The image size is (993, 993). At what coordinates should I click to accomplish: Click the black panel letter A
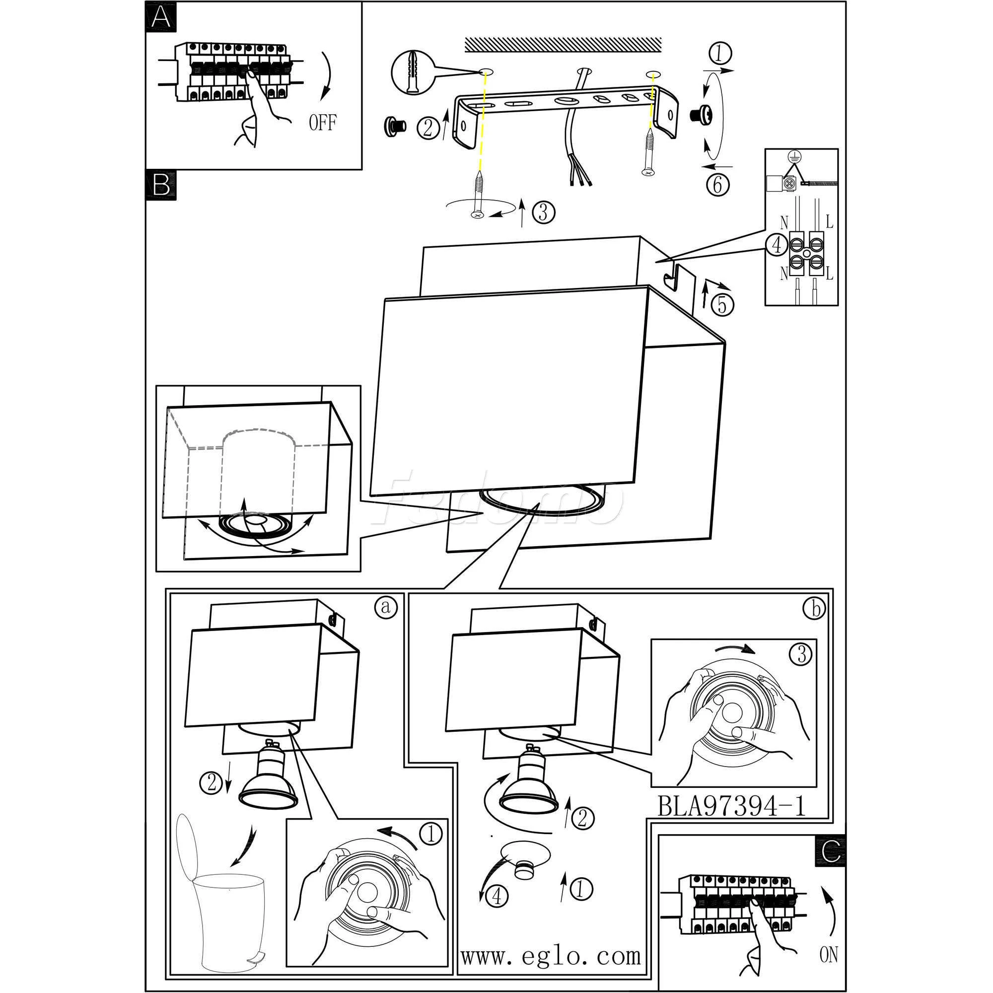coord(161,17)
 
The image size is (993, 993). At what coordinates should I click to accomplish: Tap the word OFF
coord(323,123)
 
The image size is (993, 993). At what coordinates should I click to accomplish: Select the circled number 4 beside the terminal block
coord(777,245)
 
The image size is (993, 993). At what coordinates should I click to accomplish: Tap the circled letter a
coord(385,607)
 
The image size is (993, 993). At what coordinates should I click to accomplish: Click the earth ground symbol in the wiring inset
coord(794,158)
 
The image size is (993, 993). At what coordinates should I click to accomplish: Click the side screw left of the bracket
coord(395,125)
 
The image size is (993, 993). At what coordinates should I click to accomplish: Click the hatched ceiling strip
coord(563,44)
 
